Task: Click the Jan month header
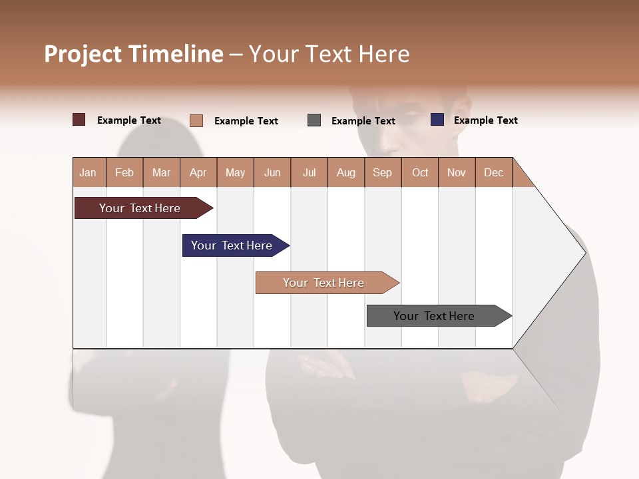click(89, 172)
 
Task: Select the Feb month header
click(124, 172)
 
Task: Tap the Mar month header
click(161, 172)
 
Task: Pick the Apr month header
click(198, 172)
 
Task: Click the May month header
click(235, 172)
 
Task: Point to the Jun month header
click(272, 172)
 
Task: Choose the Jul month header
click(309, 172)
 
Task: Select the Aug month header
click(346, 172)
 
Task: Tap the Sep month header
click(383, 172)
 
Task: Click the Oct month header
click(420, 172)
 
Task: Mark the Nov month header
click(457, 172)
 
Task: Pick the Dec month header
click(494, 172)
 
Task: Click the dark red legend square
click(79, 120)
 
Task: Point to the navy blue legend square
click(437, 120)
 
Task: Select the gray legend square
click(314, 120)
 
